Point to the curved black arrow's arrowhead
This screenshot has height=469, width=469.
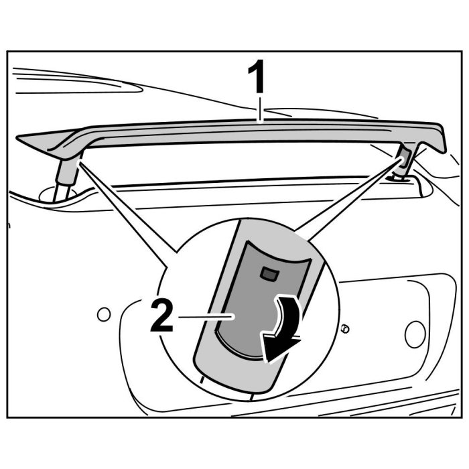[x=277, y=348]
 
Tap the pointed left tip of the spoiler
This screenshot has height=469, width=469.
[x=20, y=139]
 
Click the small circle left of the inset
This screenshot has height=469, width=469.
[x=103, y=314]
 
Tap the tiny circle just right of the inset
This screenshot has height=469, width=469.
[x=344, y=328]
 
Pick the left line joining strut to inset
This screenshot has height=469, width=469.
[x=127, y=205]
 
